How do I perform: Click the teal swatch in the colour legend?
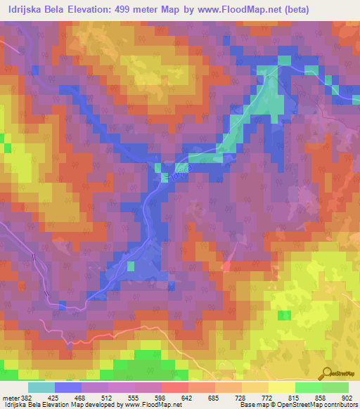(41, 387)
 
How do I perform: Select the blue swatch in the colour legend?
(68, 387)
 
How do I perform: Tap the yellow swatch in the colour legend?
(282, 387)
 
